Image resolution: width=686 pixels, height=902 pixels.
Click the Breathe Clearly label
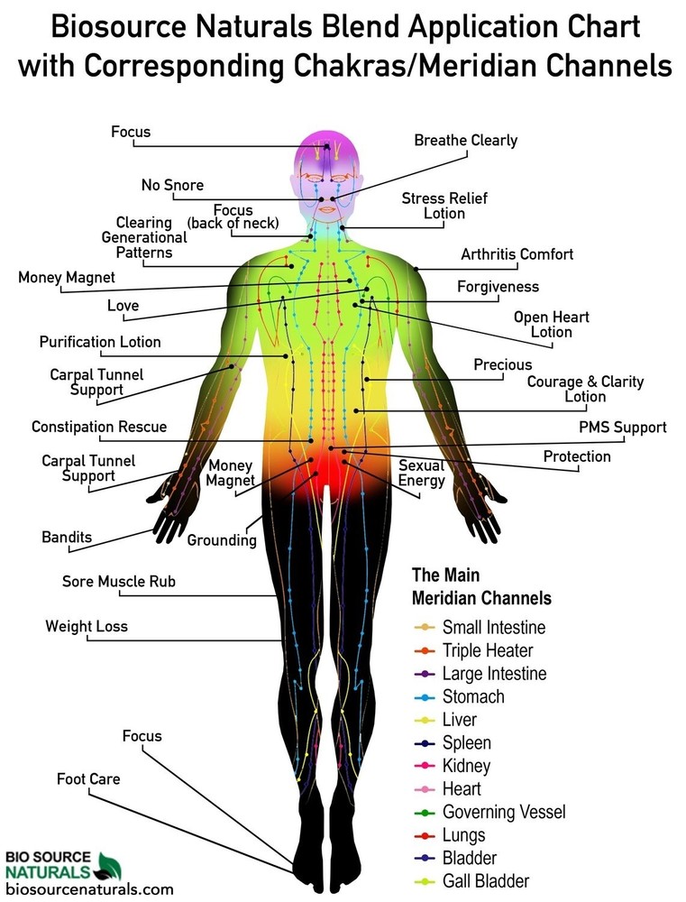(x=466, y=141)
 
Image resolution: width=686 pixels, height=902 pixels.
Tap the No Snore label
(x=172, y=185)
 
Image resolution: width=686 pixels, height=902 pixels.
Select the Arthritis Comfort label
(x=517, y=254)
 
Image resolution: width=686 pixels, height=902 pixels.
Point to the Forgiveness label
(x=498, y=287)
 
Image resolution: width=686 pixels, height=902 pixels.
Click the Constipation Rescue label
(x=99, y=427)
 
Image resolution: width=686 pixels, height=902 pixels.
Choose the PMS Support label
(x=623, y=428)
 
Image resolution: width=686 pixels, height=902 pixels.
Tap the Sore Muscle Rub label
(x=118, y=582)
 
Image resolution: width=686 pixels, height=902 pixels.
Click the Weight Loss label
(x=87, y=627)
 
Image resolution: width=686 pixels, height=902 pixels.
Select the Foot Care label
(x=88, y=779)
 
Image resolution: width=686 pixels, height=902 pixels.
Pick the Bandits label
(x=67, y=538)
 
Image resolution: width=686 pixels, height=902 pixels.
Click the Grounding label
(x=222, y=540)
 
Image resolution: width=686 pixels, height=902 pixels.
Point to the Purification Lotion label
(x=100, y=342)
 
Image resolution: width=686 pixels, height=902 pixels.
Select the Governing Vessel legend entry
(x=489, y=812)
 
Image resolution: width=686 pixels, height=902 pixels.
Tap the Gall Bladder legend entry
(x=471, y=880)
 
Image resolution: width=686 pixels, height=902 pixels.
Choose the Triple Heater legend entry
(x=473, y=650)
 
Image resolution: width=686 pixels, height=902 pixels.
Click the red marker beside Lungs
(x=425, y=835)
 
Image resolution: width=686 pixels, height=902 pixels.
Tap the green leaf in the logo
(x=109, y=867)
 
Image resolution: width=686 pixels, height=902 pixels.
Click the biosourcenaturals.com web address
(x=89, y=889)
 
